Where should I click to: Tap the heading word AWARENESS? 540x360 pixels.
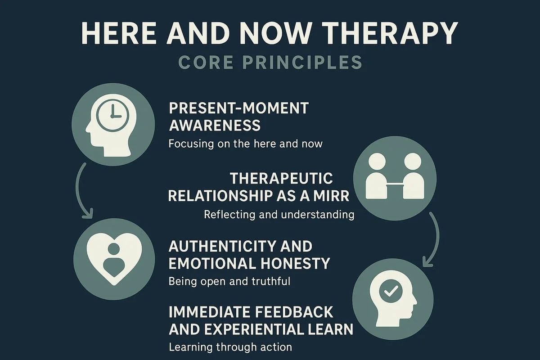215,125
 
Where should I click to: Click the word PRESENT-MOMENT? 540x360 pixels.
238,108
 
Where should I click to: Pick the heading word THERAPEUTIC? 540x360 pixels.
282,179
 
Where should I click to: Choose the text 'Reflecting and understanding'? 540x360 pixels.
279,215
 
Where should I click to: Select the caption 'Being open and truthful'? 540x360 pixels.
229,282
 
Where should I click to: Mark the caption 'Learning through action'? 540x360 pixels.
230,347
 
